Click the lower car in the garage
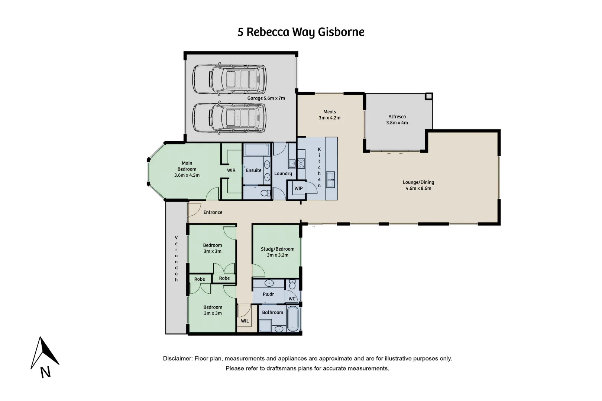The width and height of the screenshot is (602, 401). (x=229, y=118)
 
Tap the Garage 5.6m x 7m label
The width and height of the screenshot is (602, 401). (x=266, y=98)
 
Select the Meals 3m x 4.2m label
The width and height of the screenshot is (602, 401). (x=330, y=115)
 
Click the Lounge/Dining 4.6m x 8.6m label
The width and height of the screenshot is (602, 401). (x=418, y=185)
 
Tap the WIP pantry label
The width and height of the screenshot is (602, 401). (x=298, y=188)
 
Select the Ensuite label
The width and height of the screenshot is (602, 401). (x=253, y=170)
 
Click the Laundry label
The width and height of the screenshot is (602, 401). (x=283, y=173)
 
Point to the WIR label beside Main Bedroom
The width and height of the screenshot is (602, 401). (x=231, y=170)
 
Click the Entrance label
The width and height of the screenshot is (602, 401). (x=213, y=212)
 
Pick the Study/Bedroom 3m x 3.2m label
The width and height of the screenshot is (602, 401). (x=278, y=252)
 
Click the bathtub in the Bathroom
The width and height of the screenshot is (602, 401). (x=293, y=319)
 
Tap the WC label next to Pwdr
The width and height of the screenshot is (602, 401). (x=292, y=299)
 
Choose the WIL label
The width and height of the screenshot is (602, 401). (x=245, y=321)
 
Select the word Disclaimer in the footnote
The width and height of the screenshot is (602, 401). (x=177, y=359)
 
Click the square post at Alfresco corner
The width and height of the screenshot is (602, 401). (x=429, y=97)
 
